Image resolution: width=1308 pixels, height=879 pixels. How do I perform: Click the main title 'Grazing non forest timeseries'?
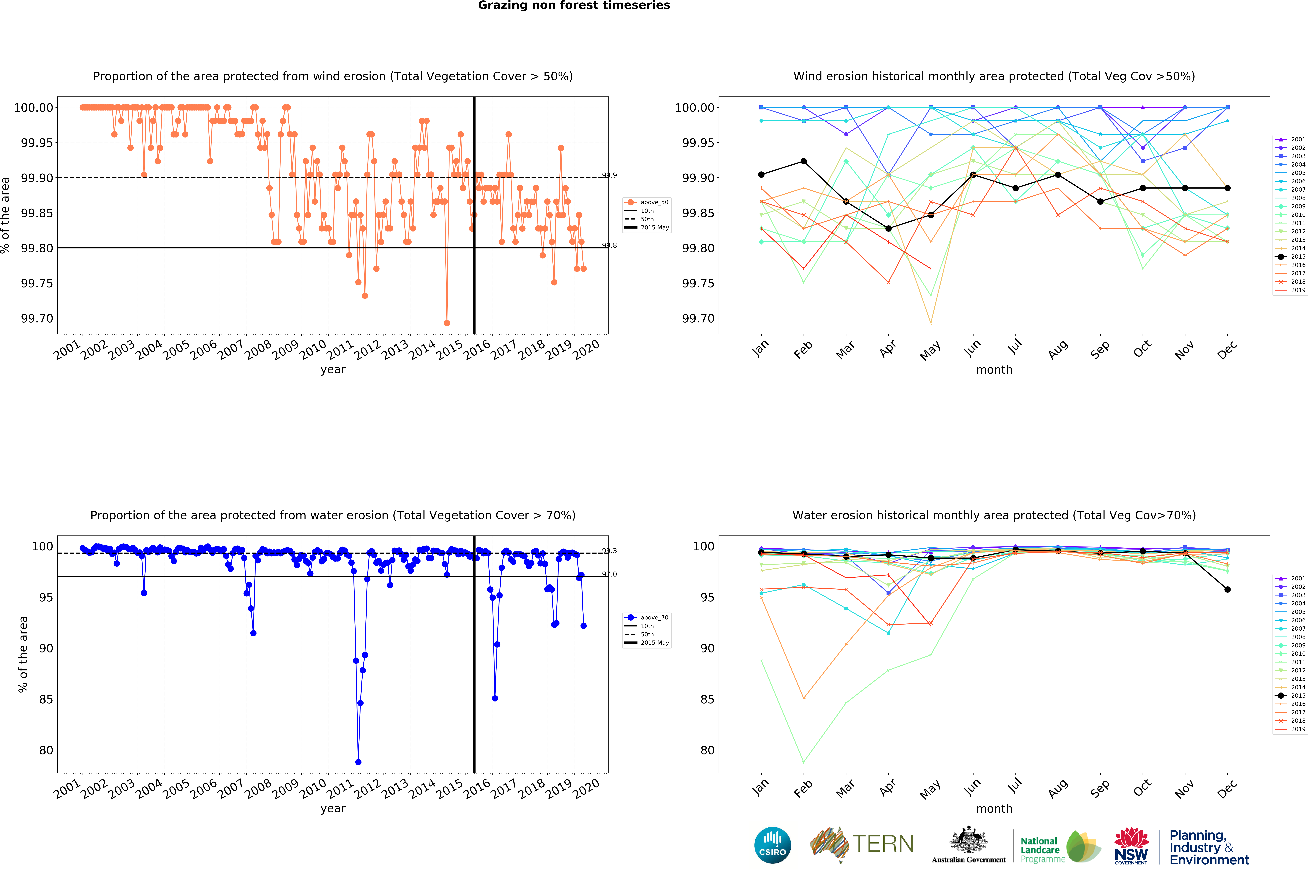(x=574, y=6)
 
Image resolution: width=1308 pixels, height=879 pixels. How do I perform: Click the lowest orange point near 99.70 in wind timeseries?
(x=447, y=323)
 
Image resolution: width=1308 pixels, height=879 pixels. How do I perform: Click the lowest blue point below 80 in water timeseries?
(x=358, y=762)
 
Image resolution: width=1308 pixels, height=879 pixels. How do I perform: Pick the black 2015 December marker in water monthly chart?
(x=1227, y=589)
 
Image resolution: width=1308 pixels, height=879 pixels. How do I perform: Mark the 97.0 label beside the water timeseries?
(x=610, y=574)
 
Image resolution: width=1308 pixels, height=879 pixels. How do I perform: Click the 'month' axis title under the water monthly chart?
(x=994, y=808)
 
